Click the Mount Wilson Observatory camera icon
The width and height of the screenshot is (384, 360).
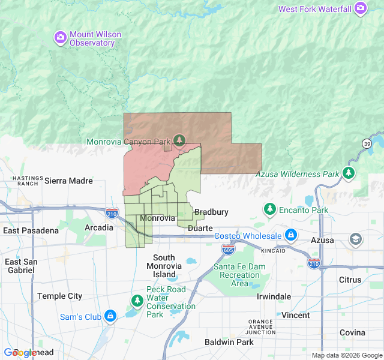click(x=61, y=38)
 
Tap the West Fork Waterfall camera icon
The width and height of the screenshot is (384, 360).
click(x=361, y=9)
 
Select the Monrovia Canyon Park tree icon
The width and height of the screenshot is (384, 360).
click(x=179, y=140)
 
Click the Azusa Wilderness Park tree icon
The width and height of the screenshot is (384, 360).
click(x=349, y=174)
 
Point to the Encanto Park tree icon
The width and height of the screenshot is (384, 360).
click(x=270, y=209)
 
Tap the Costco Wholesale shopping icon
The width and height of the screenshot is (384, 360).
click(x=290, y=235)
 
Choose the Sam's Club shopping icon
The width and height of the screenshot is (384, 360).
click(x=110, y=316)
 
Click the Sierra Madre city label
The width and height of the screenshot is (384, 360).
click(x=68, y=181)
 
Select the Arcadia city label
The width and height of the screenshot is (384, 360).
click(x=98, y=227)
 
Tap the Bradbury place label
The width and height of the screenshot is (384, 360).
click(x=211, y=212)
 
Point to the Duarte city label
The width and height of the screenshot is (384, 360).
click(x=200, y=228)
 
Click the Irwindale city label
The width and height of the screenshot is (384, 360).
click(x=274, y=296)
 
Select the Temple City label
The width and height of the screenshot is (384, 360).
click(x=59, y=296)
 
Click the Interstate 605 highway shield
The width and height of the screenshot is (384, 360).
click(x=228, y=249)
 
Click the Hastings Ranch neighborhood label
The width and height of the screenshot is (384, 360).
click(x=28, y=181)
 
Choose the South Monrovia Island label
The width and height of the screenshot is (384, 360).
click(x=164, y=266)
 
